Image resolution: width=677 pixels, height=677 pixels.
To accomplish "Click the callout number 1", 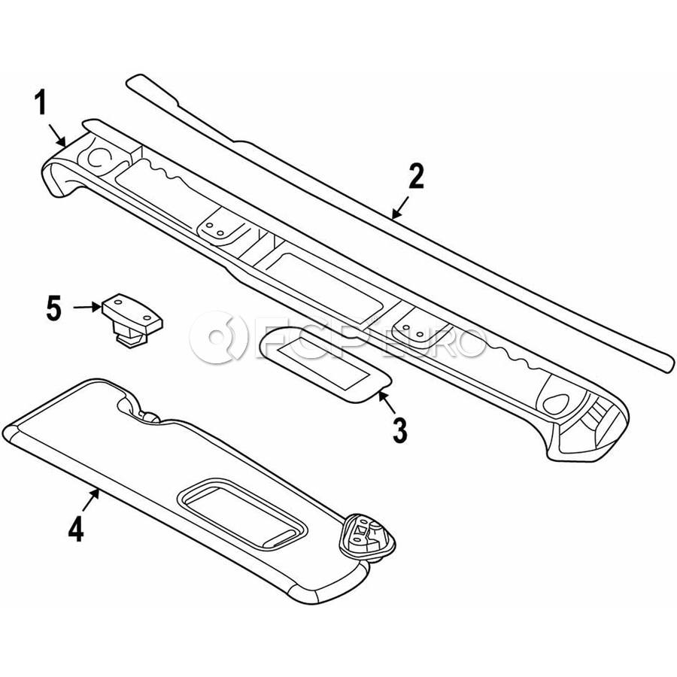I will (43, 103).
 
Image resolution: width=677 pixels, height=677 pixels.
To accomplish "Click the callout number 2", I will (416, 177).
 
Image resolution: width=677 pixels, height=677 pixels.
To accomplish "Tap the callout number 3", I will (399, 430).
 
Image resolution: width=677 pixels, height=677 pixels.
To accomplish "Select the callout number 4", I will (75, 529).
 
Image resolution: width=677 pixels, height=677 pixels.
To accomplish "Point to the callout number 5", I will (53, 308).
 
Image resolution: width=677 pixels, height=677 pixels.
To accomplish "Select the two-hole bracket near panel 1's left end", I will (218, 227).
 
